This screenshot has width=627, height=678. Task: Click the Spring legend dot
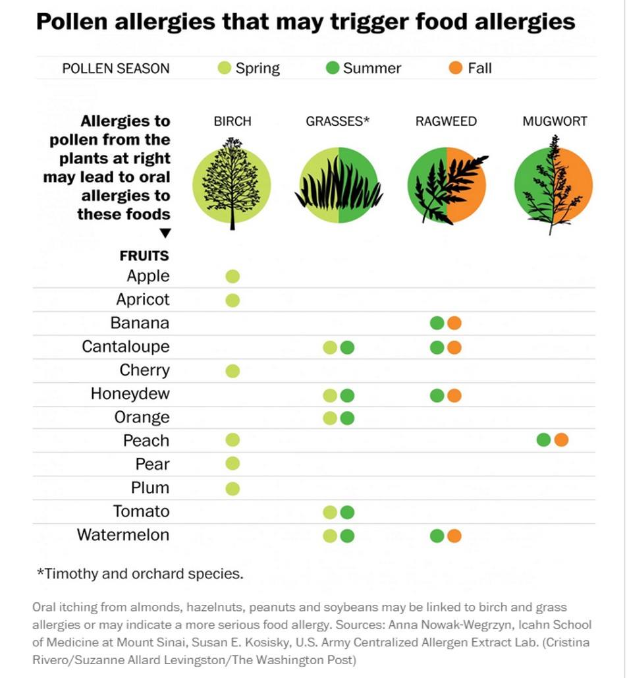point(225,68)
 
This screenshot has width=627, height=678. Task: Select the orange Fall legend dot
point(456,68)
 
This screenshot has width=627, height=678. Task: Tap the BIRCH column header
point(232,121)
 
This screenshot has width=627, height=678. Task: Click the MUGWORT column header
point(555,121)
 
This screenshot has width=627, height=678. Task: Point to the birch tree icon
point(232,184)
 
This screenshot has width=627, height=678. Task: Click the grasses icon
point(339,185)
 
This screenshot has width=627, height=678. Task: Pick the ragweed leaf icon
point(447,186)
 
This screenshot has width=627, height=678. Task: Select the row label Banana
point(140,323)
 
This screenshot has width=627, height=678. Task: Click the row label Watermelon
point(123,535)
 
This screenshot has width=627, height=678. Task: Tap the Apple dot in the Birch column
point(232,276)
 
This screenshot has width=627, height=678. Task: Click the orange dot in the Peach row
point(561,439)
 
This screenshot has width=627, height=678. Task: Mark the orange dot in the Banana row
point(454,323)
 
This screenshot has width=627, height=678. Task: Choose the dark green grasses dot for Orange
point(347,418)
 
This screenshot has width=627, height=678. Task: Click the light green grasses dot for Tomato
point(330,513)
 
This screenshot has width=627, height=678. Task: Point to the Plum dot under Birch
point(232,489)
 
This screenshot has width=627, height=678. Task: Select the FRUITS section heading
point(144,256)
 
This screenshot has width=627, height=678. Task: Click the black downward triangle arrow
point(165,233)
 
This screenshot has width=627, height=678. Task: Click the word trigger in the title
point(370,22)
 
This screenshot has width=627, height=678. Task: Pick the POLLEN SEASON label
point(116,69)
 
